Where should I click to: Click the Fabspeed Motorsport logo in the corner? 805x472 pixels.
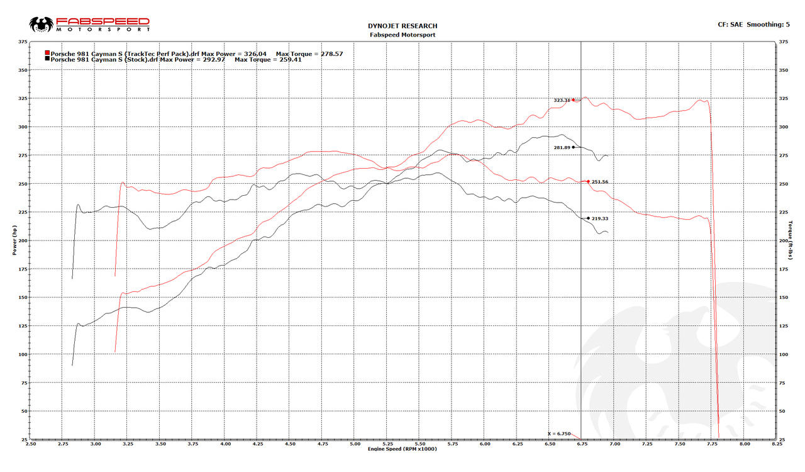point(89,25)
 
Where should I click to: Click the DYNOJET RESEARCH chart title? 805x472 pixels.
point(402,26)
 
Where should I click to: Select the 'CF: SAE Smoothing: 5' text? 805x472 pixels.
point(753,25)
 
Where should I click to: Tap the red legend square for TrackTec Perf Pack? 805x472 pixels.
point(48,53)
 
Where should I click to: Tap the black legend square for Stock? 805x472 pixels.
point(48,59)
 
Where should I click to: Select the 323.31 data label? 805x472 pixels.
point(562,100)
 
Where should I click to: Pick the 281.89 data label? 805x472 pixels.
point(562,147)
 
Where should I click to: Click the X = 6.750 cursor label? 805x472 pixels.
point(558,434)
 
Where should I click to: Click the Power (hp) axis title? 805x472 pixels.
point(14,240)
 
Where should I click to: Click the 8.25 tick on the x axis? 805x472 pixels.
point(777,443)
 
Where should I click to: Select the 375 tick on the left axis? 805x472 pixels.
point(23,42)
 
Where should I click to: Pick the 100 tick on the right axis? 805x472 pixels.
point(784,354)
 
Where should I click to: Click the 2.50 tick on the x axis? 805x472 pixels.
point(30,443)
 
